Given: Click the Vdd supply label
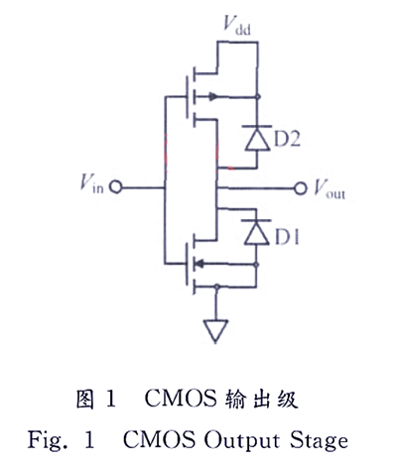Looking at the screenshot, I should [x=235, y=22].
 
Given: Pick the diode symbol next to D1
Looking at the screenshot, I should [x=257, y=234].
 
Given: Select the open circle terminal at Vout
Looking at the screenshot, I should [x=299, y=186].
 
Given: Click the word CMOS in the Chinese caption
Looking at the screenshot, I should [x=174, y=400].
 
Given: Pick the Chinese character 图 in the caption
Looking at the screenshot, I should [x=86, y=400].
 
